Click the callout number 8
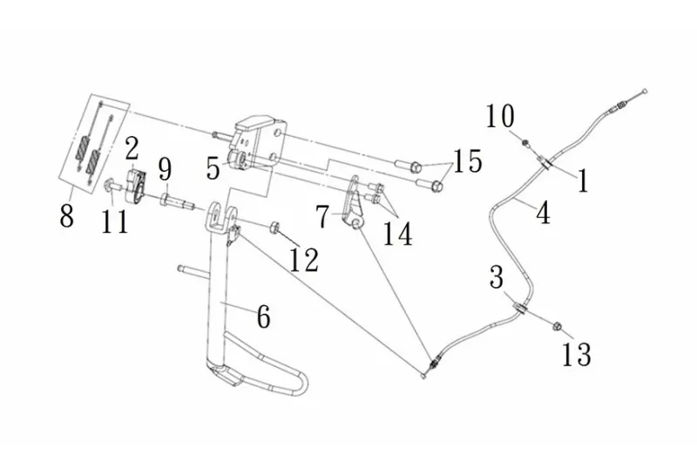point(67,215)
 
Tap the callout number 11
point(114,221)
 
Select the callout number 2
point(132,147)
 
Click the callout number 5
point(213,167)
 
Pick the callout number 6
point(262,317)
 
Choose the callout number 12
point(304,260)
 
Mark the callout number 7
point(323,216)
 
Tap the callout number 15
point(467,161)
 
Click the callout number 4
point(543,213)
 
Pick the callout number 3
point(497,279)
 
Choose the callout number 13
point(577,354)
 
